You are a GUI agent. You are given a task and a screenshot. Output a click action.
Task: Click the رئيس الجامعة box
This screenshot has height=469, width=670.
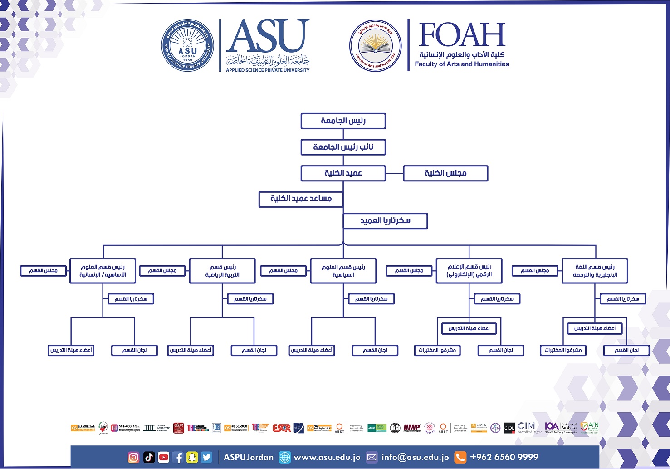pyautogui.click(x=343, y=121)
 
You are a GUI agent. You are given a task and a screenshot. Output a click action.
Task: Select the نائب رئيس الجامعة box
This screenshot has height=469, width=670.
pyautogui.click(x=343, y=147)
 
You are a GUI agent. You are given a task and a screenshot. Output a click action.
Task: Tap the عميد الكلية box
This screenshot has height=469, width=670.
pyautogui.click(x=343, y=173)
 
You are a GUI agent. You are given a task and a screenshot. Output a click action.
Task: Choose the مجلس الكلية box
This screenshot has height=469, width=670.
pyautogui.click(x=445, y=173)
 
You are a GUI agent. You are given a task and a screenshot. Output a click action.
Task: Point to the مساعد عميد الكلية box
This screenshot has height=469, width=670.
pyautogui.click(x=301, y=199)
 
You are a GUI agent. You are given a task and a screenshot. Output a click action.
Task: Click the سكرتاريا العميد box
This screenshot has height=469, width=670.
pyautogui.click(x=385, y=221)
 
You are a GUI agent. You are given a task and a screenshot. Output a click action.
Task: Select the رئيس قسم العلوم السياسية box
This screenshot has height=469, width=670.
pyautogui.click(x=343, y=271)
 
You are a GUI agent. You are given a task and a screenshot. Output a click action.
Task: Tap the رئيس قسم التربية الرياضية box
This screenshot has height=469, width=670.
pyautogui.click(x=222, y=271)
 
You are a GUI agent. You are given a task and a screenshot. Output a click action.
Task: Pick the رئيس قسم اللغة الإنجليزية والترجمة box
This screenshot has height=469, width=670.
pyautogui.click(x=595, y=271)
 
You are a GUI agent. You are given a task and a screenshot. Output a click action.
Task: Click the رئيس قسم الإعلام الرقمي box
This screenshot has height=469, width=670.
pyautogui.click(x=469, y=271)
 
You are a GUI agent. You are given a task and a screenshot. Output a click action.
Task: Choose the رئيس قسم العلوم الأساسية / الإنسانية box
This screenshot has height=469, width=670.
pyautogui.click(x=103, y=271)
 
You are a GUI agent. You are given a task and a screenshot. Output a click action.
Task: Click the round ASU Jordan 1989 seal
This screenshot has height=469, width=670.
pyautogui.click(x=187, y=45)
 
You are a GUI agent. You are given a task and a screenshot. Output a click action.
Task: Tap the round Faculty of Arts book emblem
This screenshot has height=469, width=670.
pyautogui.click(x=375, y=45)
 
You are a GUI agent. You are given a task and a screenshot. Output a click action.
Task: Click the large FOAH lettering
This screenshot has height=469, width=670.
pyautogui.click(x=462, y=35)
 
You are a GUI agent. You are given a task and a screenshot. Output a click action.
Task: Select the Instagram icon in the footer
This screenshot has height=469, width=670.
pyautogui.click(x=133, y=457)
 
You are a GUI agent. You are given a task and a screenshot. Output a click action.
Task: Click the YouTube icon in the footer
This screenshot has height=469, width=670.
pyautogui.click(x=164, y=457)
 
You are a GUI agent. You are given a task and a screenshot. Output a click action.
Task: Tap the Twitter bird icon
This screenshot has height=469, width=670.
pyautogui.click(x=206, y=457)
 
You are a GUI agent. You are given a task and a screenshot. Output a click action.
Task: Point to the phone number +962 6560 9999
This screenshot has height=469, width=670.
pyautogui.click(x=504, y=457)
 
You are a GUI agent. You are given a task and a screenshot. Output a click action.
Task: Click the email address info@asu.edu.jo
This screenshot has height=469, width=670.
pyautogui.click(x=415, y=457)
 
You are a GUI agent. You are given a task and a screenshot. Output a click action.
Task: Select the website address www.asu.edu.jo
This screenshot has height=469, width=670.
pyautogui.click(x=327, y=457)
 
